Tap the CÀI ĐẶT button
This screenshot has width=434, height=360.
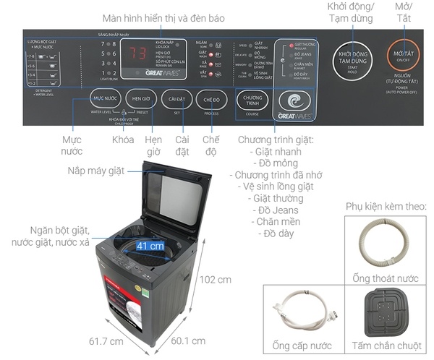coord(176,98)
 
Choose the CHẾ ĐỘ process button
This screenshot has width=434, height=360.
coord(211,98)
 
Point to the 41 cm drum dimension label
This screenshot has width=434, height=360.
coord(150,247)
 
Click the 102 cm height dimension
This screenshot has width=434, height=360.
coord(217,280)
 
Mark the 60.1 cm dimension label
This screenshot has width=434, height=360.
coord(188,340)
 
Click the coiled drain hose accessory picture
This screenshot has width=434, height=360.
coord(384,243)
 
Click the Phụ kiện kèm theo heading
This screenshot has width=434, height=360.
coord(386,205)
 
